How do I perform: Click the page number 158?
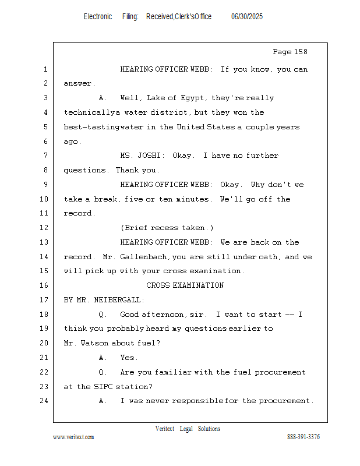click(x=300, y=52)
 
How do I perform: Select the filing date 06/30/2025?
click(x=247, y=17)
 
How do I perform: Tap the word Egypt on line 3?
click(x=193, y=98)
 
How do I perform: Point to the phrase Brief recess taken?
click(x=167, y=228)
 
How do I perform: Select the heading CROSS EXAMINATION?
click(x=185, y=285)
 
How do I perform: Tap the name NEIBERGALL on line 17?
click(x=118, y=299)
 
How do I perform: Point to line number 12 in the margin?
click(x=44, y=228)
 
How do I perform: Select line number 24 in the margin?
click(x=44, y=401)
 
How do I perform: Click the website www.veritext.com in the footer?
click(x=73, y=437)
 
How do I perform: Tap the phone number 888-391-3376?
click(x=303, y=437)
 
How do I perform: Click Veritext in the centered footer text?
click(x=165, y=429)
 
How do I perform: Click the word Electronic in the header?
click(x=98, y=17)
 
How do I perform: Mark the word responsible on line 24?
click(x=197, y=401)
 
